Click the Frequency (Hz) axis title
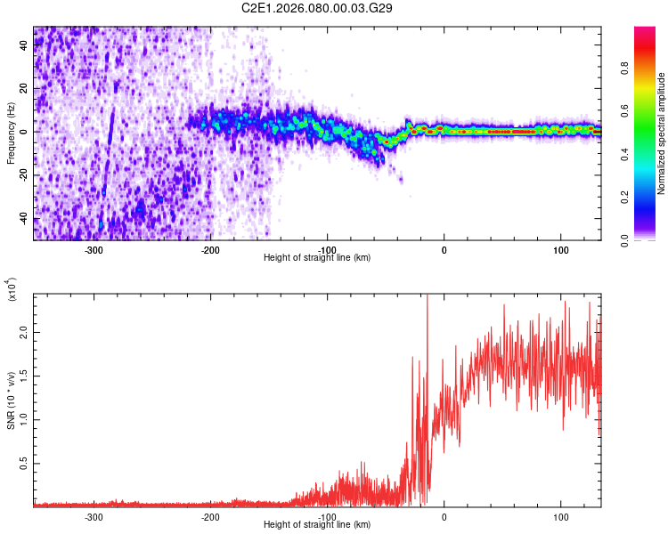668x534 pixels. click(11, 133)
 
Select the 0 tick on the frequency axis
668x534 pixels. click(25, 132)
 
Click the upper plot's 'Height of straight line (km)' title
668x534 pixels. click(317, 257)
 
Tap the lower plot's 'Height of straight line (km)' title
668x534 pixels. click(317, 524)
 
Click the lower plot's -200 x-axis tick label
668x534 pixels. click(211, 515)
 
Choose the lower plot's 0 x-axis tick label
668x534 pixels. click(444, 515)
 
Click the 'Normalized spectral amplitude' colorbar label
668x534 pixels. click(662, 133)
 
